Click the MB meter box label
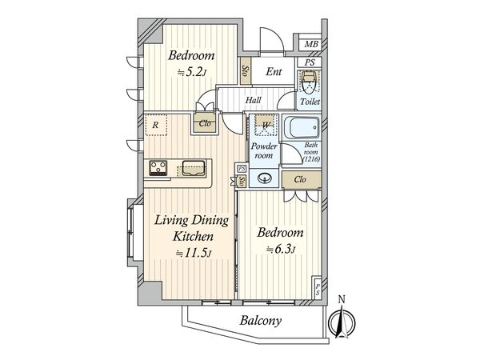pyautogui.click(x=311, y=44)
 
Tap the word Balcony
pyautogui.click(x=261, y=321)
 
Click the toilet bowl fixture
pyautogui.click(x=310, y=82)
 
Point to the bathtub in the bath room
pyautogui.click(x=302, y=127)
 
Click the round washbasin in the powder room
pyautogui.click(x=265, y=178)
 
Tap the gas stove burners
pyautogui.click(x=158, y=168)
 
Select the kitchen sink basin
pyautogui.click(x=194, y=168)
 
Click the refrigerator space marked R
pyautogui.click(x=156, y=125)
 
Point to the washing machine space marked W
pyautogui.click(x=265, y=126)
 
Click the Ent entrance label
pyautogui.click(x=274, y=72)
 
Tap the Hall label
pyautogui.click(x=253, y=100)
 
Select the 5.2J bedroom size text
pyautogui.click(x=192, y=72)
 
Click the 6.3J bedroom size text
pyautogui.click(x=281, y=250)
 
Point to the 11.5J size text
pyautogui.click(x=194, y=253)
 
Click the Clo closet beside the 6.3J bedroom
pyautogui.click(x=300, y=179)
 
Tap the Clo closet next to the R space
pyautogui.click(x=205, y=123)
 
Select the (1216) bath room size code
pyautogui.click(x=311, y=159)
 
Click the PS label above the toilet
pyautogui.click(x=310, y=62)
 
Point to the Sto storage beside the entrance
pyautogui.click(x=246, y=71)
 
